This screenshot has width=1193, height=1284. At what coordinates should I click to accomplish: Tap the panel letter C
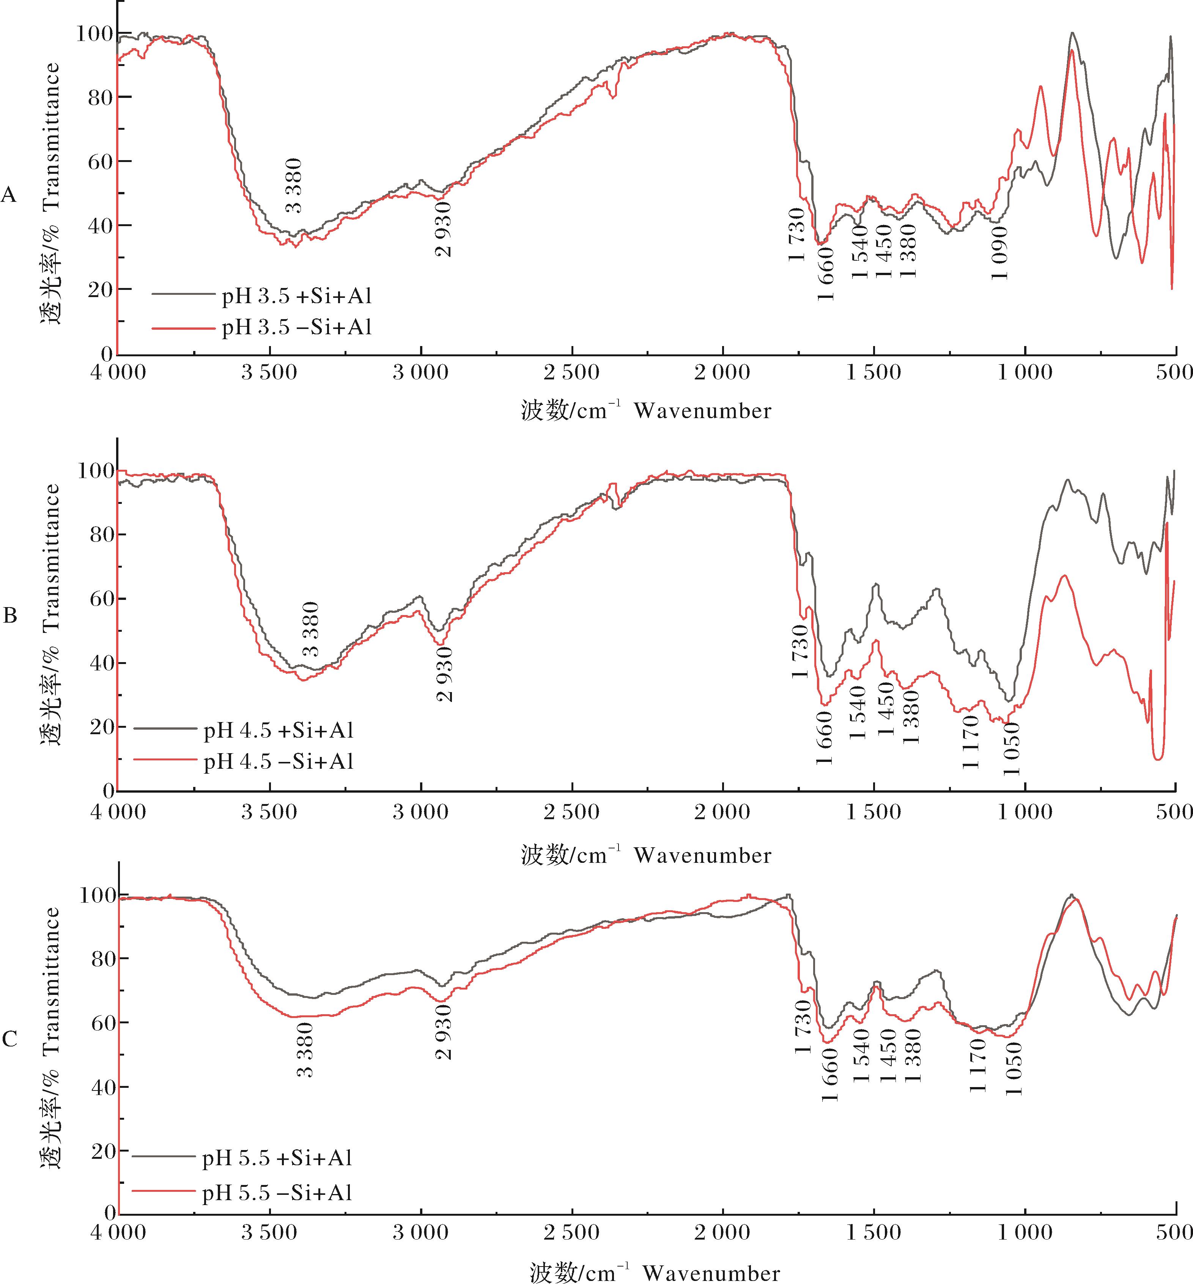[10, 1039]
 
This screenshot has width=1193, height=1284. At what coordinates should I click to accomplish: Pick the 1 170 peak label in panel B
[971, 743]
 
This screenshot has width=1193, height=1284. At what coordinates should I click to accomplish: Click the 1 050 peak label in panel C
[1014, 1069]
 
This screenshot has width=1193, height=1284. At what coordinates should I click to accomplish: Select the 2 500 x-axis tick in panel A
[572, 373]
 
